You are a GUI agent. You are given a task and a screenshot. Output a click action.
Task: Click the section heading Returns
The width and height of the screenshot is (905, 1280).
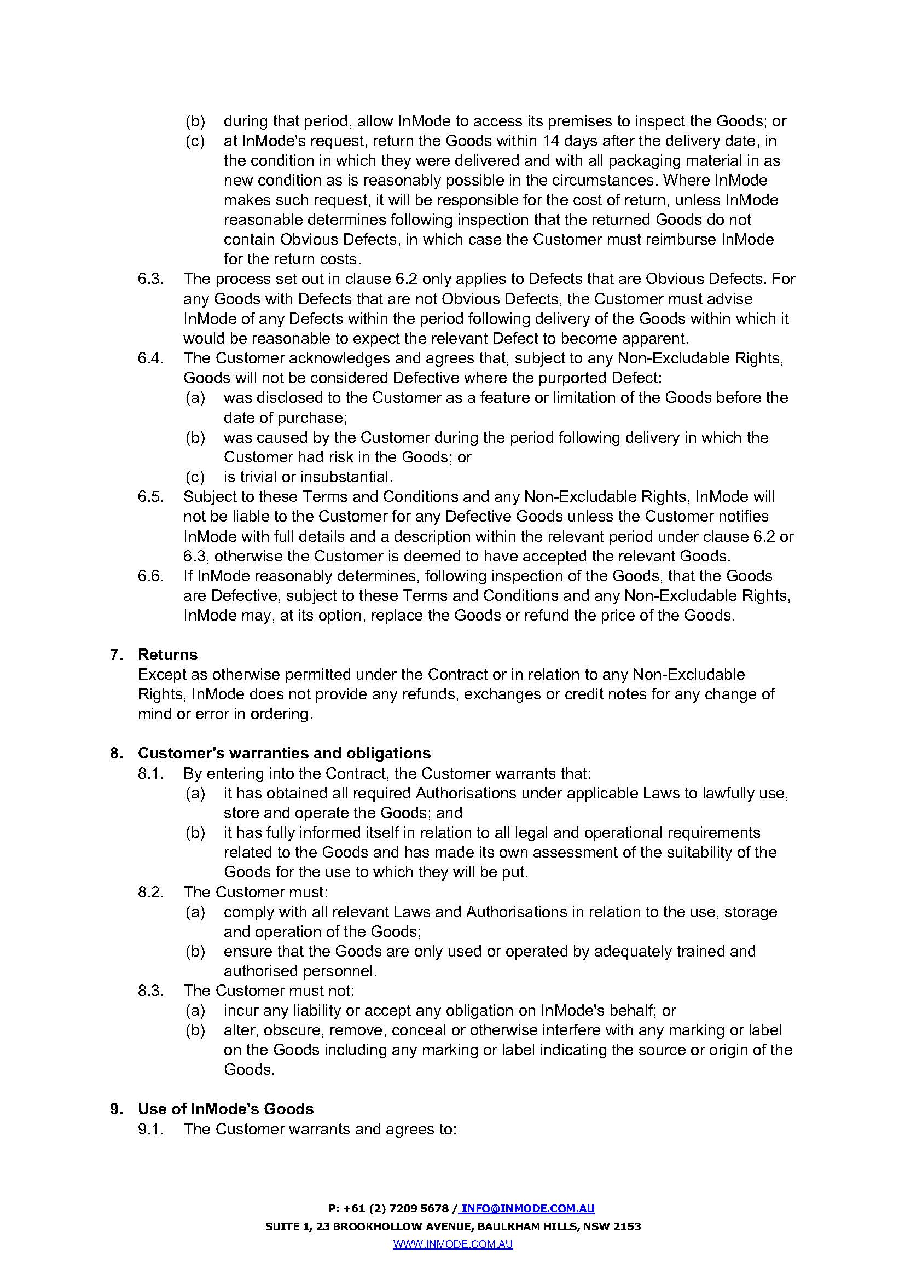[x=168, y=655]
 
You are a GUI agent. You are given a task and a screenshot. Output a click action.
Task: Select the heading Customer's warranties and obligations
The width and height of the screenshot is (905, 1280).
[x=284, y=753]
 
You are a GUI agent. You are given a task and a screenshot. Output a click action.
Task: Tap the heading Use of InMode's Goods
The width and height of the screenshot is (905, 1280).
[x=225, y=1109]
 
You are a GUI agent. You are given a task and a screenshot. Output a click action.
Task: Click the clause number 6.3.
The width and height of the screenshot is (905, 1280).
[x=151, y=279]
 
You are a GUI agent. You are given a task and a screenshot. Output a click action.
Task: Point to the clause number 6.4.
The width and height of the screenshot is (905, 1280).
[x=151, y=358]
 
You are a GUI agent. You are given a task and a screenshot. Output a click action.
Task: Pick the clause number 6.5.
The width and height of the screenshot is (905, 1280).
[x=151, y=497]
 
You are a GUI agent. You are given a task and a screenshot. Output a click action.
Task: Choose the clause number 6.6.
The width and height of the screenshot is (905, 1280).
[x=151, y=576]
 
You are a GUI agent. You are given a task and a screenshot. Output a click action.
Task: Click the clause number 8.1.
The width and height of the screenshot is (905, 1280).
[x=151, y=773]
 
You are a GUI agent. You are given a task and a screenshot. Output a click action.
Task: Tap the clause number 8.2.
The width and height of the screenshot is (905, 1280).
[x=151, y=892]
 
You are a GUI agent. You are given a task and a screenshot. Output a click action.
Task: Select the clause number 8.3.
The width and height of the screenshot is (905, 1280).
[x=151, y=991]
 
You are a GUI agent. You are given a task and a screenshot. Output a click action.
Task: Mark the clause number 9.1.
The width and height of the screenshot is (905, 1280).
[x=151, y=1129]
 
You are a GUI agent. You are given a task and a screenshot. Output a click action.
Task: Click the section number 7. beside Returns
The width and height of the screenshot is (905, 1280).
[x=116, y=655]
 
